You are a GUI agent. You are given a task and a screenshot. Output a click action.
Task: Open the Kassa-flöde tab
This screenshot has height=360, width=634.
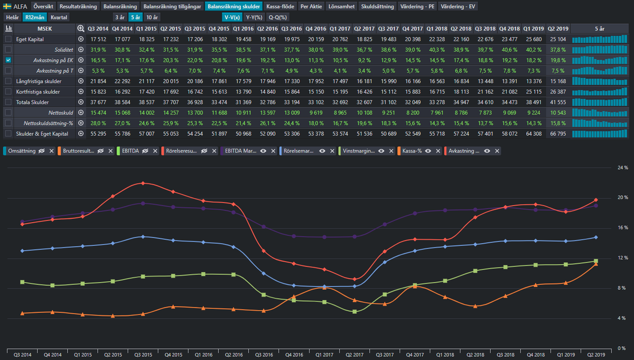click(280, 6)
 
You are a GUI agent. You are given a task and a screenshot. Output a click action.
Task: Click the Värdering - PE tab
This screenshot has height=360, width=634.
click(417, 6)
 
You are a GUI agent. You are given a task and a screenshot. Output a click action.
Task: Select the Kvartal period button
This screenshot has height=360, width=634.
click(59, 17)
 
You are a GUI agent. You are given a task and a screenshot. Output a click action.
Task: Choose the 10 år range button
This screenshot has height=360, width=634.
click(152, 17)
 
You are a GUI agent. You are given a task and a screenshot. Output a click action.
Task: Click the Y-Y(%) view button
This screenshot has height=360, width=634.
click(254, 17)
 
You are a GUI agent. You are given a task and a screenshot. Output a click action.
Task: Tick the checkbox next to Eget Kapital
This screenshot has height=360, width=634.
click(8, 39)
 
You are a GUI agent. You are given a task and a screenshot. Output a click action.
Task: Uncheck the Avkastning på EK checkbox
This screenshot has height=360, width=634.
click(8, 60)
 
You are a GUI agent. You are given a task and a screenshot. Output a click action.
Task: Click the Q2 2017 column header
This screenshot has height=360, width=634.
click(364, 29)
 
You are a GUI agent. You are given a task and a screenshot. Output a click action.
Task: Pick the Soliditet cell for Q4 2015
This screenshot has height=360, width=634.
click(219, 50)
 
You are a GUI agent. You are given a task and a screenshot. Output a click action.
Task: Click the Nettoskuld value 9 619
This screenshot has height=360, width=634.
click(316, 113)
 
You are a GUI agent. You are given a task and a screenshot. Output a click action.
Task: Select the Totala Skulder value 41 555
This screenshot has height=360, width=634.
click(558, 102)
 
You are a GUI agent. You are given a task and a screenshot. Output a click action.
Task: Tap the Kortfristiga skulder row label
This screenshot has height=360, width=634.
click(38, 92)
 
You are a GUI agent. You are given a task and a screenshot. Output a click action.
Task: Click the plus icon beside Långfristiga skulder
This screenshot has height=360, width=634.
click(81, 81)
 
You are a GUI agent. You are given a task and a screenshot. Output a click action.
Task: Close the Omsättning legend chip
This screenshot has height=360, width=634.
click(52, 151)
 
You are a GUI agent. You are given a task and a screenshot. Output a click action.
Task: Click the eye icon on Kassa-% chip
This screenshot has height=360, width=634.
click(428, 151)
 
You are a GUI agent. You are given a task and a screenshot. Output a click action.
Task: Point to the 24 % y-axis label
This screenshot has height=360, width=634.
click(623, 168)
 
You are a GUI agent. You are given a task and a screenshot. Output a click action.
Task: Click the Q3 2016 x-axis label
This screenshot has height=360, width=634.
click(264, 355)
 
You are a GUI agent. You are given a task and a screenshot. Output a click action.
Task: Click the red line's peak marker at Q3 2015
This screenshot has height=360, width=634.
click(143, 183)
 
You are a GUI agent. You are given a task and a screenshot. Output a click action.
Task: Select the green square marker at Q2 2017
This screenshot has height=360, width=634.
click(355, 311)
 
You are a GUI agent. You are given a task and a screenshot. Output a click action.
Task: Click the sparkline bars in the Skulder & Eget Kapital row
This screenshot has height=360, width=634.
click(600, 134)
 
